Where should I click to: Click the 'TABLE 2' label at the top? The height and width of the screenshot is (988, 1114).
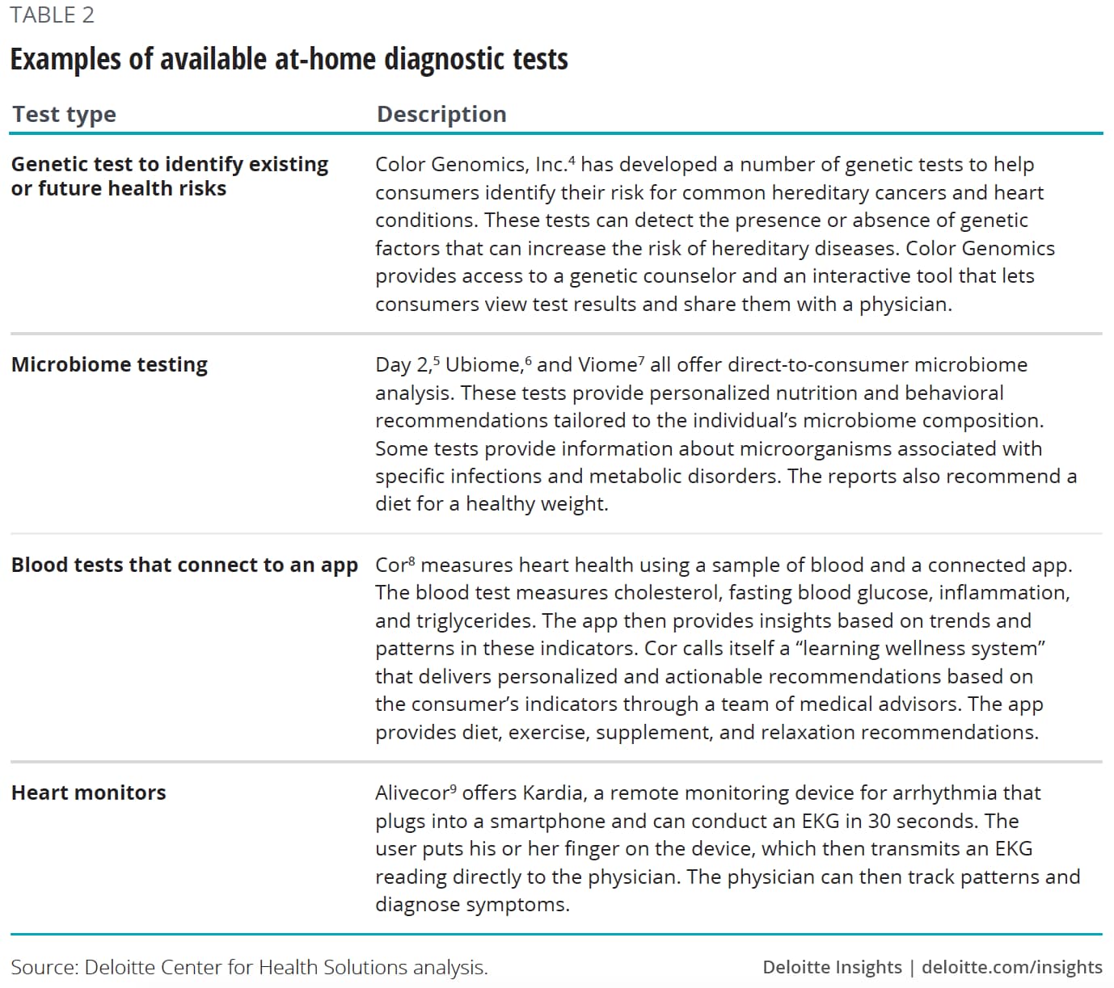coord(52,15)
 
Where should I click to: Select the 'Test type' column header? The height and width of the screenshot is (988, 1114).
coord(64,114)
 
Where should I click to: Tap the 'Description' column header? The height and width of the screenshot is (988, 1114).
coord(441,114)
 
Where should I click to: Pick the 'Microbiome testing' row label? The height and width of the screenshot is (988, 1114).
coord(109,364)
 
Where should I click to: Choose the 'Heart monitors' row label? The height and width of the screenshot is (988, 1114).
coord(88,793)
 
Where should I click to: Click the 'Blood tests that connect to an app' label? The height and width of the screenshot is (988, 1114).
coord(184,565)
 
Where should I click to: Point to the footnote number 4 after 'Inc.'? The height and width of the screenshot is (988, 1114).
coord(572,160)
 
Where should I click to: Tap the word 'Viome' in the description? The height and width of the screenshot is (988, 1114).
coord(606,365)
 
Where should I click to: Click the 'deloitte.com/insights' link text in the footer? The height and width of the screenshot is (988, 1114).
coord(1011,967)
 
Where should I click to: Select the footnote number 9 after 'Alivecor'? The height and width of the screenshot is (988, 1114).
coord(454,788)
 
